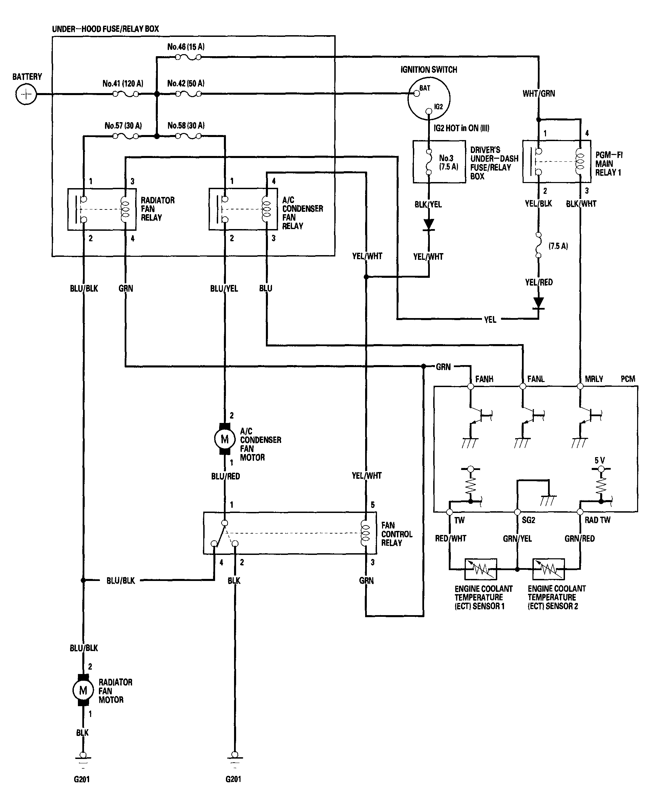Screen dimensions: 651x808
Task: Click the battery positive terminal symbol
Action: click(26, 94)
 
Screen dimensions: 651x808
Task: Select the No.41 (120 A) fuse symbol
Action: click(126, 94)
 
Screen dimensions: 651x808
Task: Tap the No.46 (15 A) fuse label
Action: click(186, 47)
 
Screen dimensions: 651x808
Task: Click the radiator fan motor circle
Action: click(83, 690)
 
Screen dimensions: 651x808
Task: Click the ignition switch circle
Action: click(428, 98)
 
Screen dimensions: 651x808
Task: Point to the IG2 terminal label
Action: click(438, 107)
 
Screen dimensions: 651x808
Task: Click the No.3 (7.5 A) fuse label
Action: click(448, 162)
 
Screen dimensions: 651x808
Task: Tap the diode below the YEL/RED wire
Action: click(539, 303)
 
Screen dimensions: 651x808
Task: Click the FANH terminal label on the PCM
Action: click(484, 379)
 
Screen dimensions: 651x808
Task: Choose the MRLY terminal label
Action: click(594, 379)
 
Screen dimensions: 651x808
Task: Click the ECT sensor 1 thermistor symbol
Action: click(481, 569)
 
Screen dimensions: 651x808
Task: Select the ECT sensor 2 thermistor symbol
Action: click(548, 569)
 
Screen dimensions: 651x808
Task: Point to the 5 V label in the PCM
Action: click(600, 460)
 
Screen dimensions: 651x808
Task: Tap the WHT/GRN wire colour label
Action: click(539, 94)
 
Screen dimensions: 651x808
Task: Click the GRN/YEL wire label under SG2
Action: click(517, 539)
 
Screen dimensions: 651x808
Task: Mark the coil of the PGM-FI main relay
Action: click(580, 162)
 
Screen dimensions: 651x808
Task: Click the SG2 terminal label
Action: click(528, 520)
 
